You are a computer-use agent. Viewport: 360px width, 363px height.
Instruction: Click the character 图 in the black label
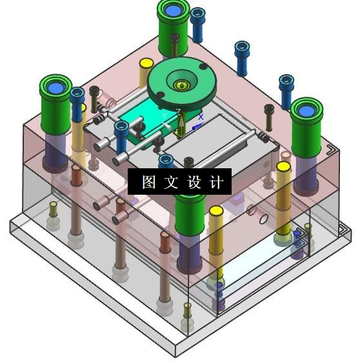pyautogui.click(x=148, y=182)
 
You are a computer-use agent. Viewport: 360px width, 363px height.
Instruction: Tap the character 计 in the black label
pyautogui.click(x=216, y=182)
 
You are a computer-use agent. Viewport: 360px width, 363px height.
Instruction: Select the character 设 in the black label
pyautogui.click(x=194, y=182)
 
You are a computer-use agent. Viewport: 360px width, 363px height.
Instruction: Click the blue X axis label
pyautogui.click(x=201, y=117)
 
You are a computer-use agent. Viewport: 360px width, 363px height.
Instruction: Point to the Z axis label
pyautogui.click(x=178, y=112)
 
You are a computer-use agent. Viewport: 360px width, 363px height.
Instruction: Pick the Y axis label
pyautogui.click(x=165, y=115)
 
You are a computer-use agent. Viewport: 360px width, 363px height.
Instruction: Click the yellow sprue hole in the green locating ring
pyautogui.click(x=182, y=86)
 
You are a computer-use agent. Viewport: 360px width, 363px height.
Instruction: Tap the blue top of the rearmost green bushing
pyautogui.click(x=173, y=10)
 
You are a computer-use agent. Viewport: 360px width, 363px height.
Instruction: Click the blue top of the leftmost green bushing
pyautogui.click(x=55, y=88)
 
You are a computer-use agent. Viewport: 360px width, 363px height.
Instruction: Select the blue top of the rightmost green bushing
pyautogui.click(x=306, y=111)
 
